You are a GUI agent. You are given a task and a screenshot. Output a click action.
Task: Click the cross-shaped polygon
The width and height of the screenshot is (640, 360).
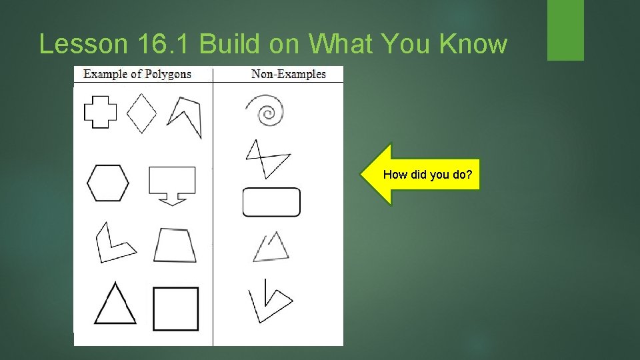point(100,112)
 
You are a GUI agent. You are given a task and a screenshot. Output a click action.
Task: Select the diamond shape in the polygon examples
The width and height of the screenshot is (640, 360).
point(141,113)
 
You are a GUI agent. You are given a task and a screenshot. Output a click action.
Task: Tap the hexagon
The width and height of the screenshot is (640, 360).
point(107,183)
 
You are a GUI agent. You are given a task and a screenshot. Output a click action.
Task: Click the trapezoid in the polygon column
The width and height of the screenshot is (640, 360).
point(175,245)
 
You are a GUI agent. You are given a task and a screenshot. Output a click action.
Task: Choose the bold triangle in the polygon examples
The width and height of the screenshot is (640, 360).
point(115,305)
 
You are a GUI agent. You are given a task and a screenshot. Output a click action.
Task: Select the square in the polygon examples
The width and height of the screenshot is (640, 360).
point(175,309)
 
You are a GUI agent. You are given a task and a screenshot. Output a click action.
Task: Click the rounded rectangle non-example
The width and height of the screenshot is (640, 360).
point(271,202)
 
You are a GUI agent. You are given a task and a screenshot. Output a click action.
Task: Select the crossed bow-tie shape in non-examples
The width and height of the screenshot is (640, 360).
point(267,159)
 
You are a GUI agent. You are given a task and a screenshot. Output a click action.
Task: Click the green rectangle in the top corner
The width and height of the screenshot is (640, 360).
point(565,29)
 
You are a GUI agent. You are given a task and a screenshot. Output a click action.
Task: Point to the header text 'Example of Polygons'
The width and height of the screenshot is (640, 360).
point(137,74)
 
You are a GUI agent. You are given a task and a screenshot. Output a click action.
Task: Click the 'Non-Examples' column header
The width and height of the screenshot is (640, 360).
point(288,74)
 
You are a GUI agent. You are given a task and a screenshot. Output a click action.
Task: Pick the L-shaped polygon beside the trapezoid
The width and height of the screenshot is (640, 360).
point(111,243)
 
